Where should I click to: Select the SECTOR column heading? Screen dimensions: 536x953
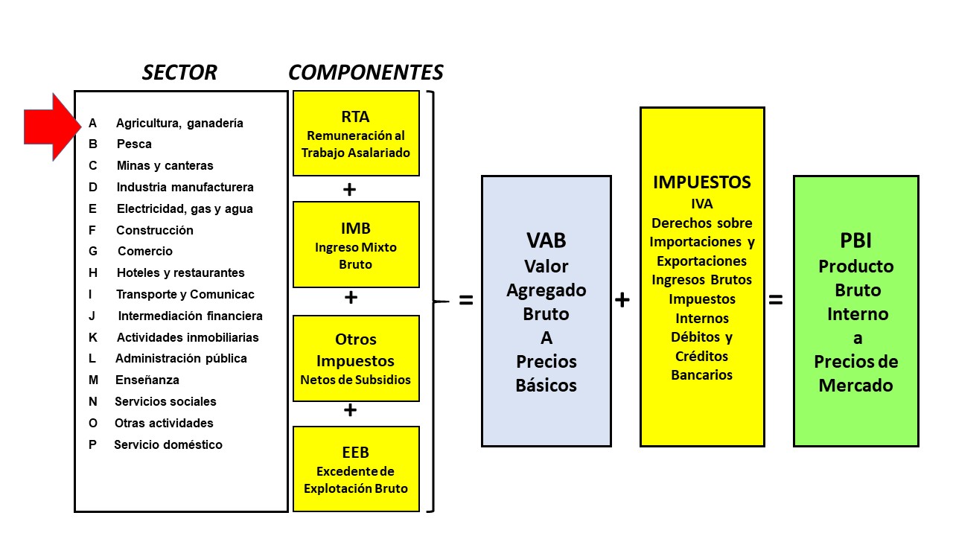[179, 72]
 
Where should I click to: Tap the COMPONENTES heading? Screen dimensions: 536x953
[366, 72]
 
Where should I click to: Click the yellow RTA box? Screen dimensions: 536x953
[356, 133]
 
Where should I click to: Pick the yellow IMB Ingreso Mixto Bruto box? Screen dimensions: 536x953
[356, 244]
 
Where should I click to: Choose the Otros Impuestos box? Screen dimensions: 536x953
[356, 358]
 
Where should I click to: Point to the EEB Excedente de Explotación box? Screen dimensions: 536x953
[356, 468]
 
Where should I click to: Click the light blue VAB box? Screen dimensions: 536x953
[546, 311]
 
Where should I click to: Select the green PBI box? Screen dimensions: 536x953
[855, 311]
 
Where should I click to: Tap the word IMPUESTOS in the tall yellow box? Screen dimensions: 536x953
[702, 182]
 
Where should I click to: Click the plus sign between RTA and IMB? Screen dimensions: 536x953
[349, 190]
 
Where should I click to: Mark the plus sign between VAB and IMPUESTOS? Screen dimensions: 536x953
[622, 300]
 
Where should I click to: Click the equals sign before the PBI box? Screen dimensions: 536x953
[776, 300]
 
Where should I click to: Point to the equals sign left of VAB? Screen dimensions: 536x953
[466, 301]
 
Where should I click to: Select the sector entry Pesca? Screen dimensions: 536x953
[134, 144]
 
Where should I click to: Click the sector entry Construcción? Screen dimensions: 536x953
[155, 230]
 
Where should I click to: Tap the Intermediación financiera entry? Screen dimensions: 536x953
[190, 316]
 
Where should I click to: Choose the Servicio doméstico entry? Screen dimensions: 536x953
[168, 444]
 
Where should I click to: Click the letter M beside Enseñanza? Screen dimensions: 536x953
[93, 380]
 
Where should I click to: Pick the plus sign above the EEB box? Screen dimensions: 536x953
[350, 410]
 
